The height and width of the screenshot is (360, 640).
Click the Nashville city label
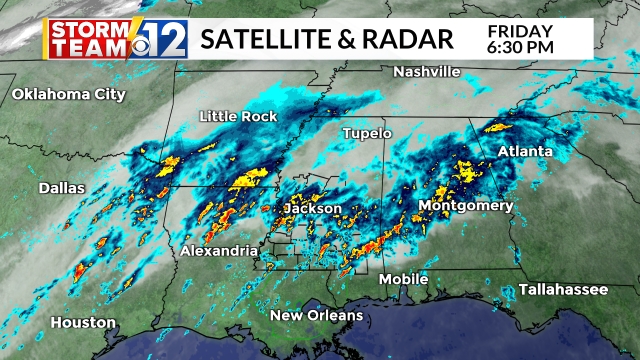click(426, 72)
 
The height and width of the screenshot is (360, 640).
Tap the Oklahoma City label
click(68, 95)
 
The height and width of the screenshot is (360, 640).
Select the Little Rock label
click(238, 117)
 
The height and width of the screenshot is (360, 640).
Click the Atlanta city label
click(525, 151)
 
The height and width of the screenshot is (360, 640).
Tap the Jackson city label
click(313, 209)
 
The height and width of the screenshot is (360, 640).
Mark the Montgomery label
click(465, 206)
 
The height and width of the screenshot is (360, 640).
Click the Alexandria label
click(219, 251)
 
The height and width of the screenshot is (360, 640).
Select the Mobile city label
click(404, 279)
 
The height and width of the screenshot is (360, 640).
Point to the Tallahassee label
click(563, 289)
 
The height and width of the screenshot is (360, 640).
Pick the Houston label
click(83, 323)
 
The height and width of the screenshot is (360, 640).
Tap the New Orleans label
click(317, 316)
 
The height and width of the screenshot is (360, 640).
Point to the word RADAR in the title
click(408, 39)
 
